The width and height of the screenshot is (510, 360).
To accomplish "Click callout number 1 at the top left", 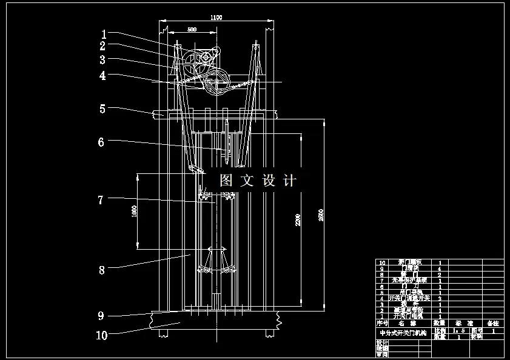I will point(104,34).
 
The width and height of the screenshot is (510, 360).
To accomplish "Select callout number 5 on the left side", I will point(102,108).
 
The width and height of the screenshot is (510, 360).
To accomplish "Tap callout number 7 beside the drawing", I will point(101,199).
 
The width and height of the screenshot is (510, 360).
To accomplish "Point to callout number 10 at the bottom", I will point(101,334).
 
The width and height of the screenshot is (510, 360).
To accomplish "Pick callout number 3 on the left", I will point(102,60).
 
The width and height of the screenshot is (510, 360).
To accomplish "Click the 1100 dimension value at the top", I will point(216,18).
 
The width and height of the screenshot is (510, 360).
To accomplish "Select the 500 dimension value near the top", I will point(192,29).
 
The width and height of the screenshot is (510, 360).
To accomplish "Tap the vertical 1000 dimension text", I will point(135,211).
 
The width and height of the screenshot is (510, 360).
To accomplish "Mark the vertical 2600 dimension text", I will point(321,216).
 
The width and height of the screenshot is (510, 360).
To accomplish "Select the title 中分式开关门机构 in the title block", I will point(401,333).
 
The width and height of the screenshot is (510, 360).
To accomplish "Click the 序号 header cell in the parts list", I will point(382,323).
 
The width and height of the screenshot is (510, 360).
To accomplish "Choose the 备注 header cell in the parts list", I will point(492,323).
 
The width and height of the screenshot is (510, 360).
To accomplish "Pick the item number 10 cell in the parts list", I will point(382,263).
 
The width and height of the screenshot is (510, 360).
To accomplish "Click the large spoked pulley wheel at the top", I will point(217,81).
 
